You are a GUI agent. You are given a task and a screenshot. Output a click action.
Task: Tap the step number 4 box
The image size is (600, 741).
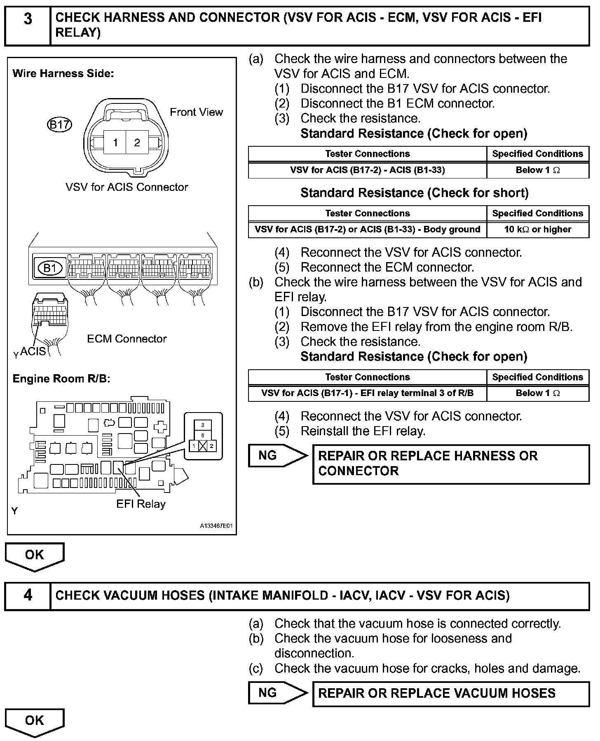point(28,595)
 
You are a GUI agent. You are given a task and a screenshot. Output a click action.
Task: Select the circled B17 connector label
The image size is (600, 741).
point(59,124)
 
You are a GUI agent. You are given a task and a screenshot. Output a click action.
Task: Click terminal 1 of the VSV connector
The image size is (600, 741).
point(115,143)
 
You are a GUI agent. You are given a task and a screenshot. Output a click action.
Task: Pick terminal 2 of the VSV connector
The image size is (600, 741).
point(137,143)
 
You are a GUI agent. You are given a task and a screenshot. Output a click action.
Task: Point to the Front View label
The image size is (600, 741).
point(196,112)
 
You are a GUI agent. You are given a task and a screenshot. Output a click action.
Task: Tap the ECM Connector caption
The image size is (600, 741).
point(127,339)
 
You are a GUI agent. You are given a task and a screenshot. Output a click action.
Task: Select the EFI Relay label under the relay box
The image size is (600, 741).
point(141,504)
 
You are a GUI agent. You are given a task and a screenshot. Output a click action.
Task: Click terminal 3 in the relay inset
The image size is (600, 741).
point(203,425)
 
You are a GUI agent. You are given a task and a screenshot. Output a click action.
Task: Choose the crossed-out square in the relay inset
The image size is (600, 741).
point(203,446)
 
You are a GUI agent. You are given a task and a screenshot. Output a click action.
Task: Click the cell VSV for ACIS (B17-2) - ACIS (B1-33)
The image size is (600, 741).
point(367,170)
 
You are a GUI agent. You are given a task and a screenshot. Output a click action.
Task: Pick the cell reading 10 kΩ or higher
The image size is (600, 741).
point(537,229)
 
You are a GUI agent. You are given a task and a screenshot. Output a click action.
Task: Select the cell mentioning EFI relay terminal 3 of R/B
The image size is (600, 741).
point(367,393)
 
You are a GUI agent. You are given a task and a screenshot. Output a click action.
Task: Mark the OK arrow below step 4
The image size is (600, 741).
point(34,721)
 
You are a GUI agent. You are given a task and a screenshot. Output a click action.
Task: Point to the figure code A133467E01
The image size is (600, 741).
point(216,526)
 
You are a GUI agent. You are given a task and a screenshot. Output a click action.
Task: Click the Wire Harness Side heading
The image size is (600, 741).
point(63,74)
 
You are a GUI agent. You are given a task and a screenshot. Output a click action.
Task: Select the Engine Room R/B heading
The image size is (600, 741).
point(61,379)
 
